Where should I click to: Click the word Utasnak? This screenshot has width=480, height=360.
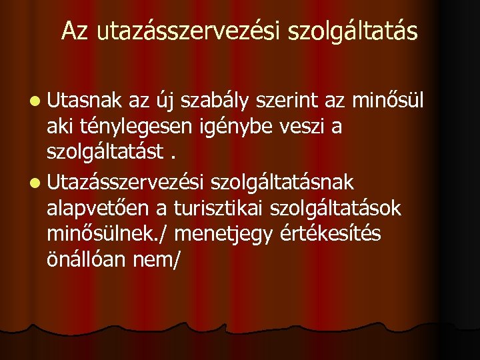(x=85, y=101)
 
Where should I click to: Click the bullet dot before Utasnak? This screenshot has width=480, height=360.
(x=34, y=102)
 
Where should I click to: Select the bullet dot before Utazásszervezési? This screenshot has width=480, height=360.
(x=34, y=181)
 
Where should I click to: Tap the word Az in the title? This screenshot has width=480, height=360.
(x=75, y=31)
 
